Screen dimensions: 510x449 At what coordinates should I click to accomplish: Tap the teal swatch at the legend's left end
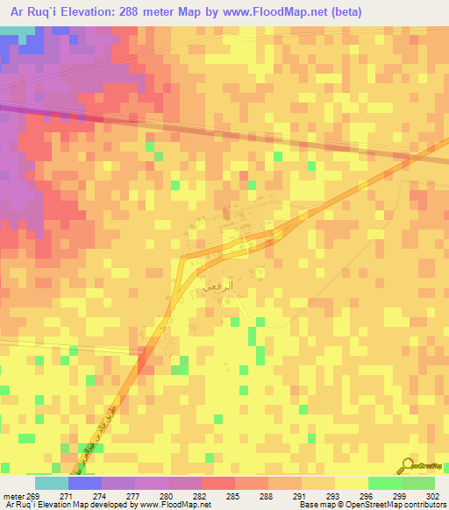[x=52, y=483]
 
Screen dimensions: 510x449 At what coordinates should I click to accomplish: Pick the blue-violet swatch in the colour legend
[x=85, y=483]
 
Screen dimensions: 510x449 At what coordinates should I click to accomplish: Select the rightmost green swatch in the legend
[x=417, y=483]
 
